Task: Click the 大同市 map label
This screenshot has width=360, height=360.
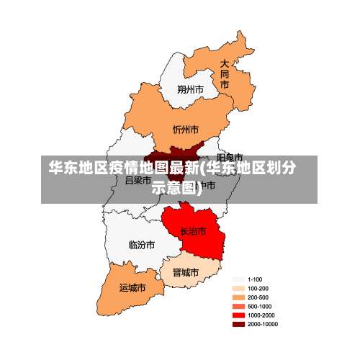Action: click(225, 74)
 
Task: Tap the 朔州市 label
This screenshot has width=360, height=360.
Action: click(191, 90)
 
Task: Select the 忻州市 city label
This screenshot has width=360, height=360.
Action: click(186, 130)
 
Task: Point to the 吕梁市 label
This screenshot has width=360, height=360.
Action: click(138, 180)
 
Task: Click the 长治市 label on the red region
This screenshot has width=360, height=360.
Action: click(193, 231)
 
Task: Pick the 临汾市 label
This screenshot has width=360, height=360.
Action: click(141, 245)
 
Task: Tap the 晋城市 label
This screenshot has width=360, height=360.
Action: click(185, 273)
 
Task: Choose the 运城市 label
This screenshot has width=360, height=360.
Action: click(132, 287)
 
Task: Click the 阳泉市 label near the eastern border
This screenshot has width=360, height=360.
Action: click(230, 156)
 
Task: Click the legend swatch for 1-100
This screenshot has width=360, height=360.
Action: click(238, 279)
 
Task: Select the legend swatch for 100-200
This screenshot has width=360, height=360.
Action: click(238, 288)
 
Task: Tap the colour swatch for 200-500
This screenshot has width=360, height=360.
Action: click(238, 297)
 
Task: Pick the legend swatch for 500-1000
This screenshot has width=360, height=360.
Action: click(238, 306)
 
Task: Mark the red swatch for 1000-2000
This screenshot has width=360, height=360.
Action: click(238, 315)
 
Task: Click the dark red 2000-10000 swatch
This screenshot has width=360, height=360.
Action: click(238, 324)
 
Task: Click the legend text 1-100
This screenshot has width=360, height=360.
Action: click(254, 279)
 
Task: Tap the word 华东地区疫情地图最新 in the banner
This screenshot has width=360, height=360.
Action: click(123, 169)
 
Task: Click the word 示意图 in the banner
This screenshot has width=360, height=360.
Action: click(172, 188)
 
